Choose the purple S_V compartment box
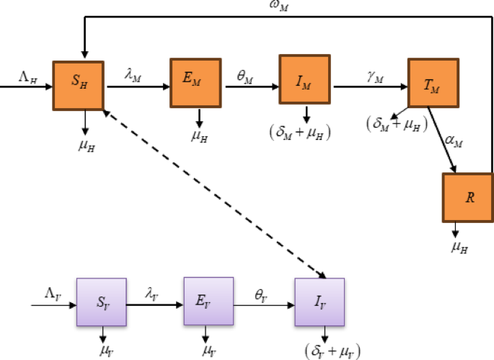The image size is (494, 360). click(101, 302)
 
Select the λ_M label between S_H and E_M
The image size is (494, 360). click(133, 74)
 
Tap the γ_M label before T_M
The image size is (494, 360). click(373, 74)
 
